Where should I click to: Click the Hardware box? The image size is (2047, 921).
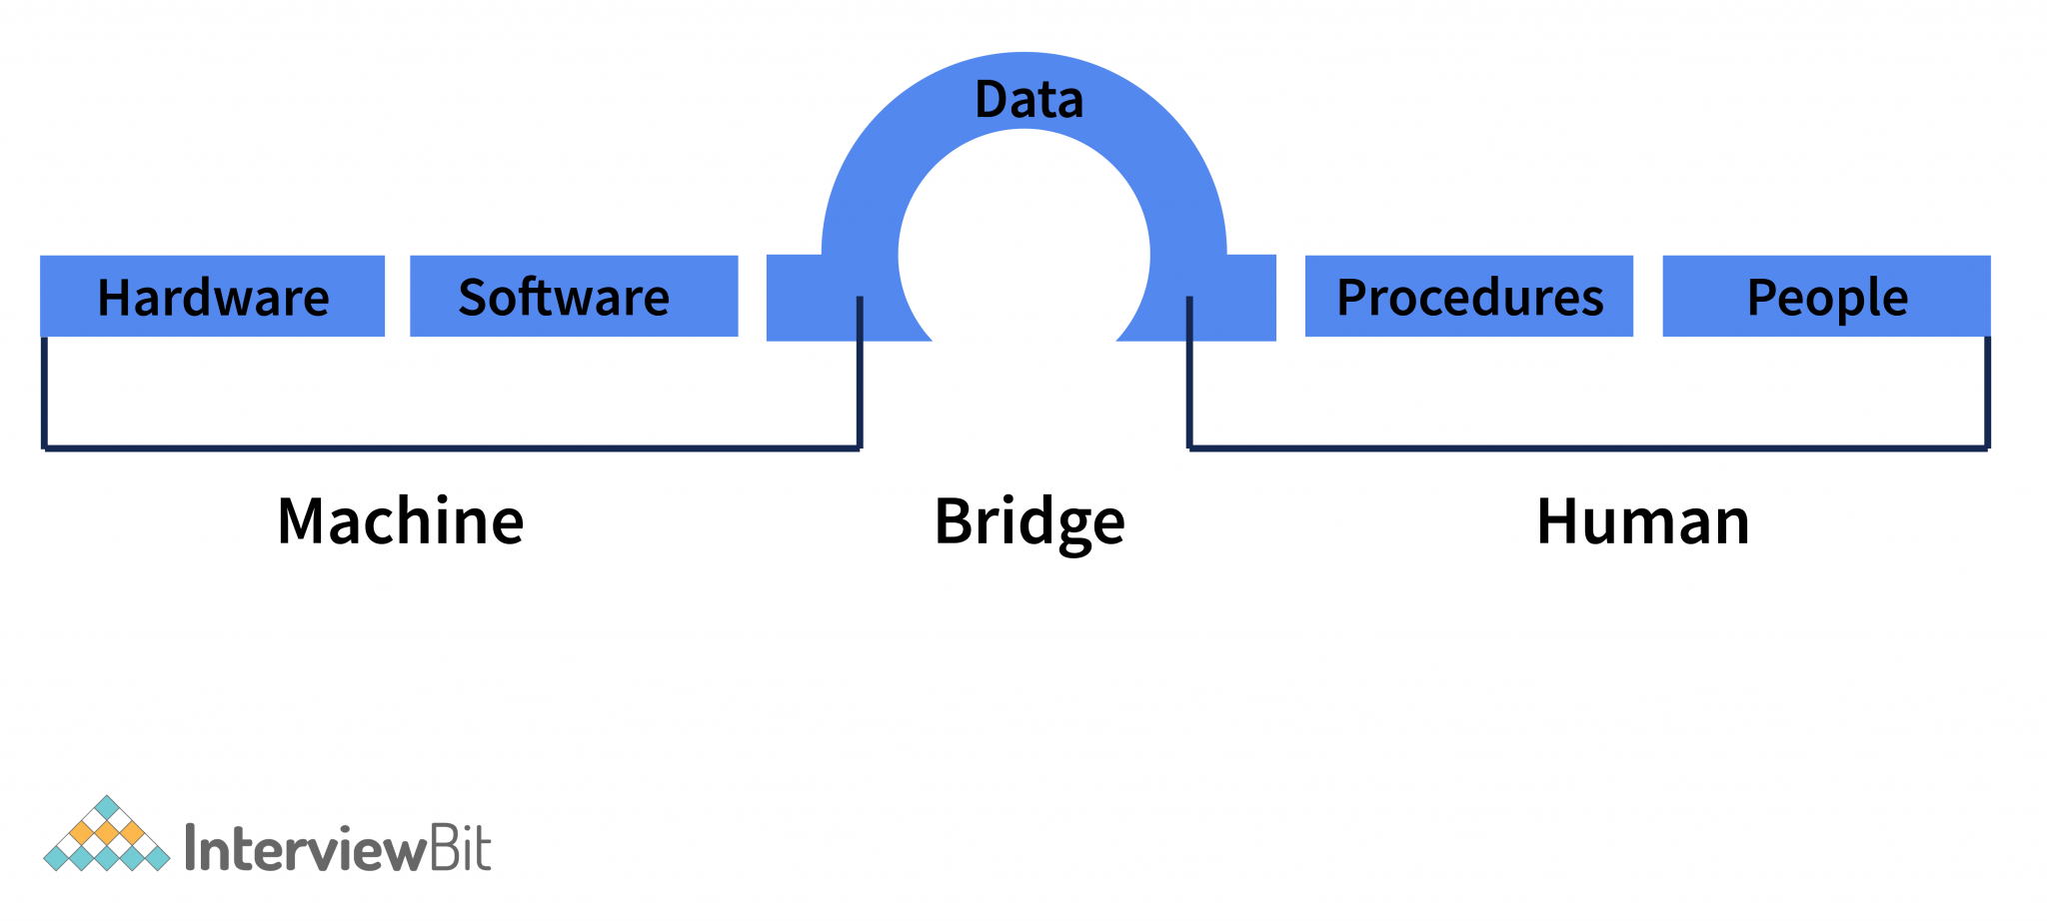[x=212, y=296]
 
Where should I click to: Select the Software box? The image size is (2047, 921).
[x=574, y=296]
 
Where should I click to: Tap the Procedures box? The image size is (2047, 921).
[x=1468, y=296]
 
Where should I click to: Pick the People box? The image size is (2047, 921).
[x=1826, y=296]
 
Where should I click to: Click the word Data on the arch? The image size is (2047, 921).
[x=1028, y=100]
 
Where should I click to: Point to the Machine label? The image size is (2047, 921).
[x=400, y=521]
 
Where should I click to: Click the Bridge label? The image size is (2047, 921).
[x=1028, y=521]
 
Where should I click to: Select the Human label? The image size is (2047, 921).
[x=1642, y=521]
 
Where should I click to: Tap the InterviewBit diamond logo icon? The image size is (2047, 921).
[x=106, y=835]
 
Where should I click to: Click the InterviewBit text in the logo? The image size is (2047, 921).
[x=338, y=850]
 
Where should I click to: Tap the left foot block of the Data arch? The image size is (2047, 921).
[x=810, y=300]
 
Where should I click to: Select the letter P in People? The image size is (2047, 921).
[x=1760, y=298]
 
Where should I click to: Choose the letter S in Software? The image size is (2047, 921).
[x=471, y=298]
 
